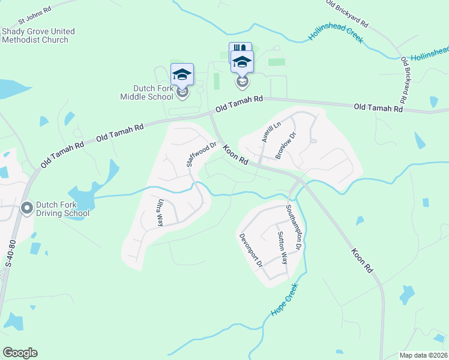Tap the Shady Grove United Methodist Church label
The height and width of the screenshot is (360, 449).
click(x=38, y=35)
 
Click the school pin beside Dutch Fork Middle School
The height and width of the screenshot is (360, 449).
click(x=182, y=74)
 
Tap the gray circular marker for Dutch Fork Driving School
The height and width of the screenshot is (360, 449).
click(x=26, y=208)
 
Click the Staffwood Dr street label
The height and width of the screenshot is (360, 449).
click(x=200, y=154)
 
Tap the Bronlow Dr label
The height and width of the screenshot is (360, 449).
click(x=286, y=146)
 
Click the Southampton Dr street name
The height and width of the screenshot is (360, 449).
click(x=293, y=227)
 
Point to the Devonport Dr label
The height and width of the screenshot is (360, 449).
click(x=251, y=250)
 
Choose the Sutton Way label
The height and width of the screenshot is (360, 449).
click(x=282, y=248)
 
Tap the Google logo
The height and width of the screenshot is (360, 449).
click(x=20, y=353)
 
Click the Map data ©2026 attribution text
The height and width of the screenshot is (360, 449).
click(x=423, y=355)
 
